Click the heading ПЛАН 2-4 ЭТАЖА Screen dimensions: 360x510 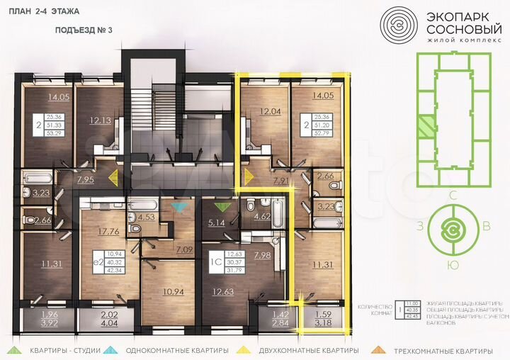45,12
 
